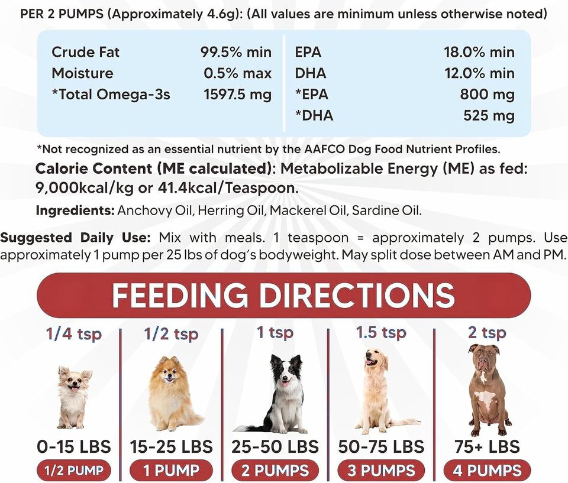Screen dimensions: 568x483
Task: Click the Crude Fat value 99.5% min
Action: (236, 52)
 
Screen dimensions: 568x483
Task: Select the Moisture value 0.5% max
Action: (237, 73)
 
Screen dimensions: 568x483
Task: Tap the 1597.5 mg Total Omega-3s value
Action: (238, 95)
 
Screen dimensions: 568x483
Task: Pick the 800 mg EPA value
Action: (487, 95)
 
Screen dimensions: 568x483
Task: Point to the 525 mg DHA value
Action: (489, 115)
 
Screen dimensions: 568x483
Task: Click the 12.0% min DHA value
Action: (480, 73)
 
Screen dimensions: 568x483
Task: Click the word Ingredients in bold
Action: (75, 210)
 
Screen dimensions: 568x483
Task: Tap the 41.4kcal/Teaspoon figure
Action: (228, 188)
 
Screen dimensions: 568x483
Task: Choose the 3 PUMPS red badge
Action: (381, 471)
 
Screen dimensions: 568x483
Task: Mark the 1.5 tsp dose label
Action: (381, 332)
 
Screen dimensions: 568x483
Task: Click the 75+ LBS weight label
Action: (487, 447)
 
